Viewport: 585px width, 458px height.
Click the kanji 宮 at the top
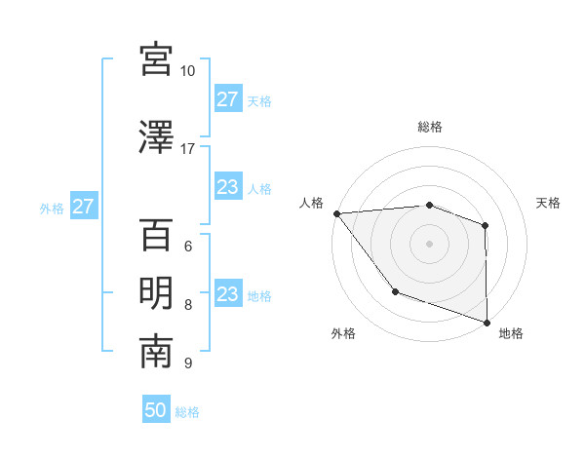click(x=156, y=59)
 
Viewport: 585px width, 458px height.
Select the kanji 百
click(x=156, y=235)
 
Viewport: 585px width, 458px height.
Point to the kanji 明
click(x=156, y=293)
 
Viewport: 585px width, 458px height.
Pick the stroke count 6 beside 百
click(x=187, y=247)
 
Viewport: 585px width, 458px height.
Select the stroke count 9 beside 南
click(x=187, y=363)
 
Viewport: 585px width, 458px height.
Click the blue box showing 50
click(x=156, y=410)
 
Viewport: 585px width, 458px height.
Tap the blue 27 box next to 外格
click(x=83, y=207)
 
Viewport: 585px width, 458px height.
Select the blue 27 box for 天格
click(x=227, y=99)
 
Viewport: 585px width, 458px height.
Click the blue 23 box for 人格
click(x=227, y=187)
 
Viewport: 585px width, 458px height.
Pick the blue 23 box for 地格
click(x=227, y=294)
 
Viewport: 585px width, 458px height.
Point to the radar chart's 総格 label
click(x=429, y=127)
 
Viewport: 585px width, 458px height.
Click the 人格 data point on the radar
click(x=336, y=213)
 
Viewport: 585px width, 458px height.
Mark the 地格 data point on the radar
click(x=487, y=322)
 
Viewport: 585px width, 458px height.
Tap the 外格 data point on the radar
click(x=395, y=290)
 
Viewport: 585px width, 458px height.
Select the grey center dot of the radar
click(x=429, y=243)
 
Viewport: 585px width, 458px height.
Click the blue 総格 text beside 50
click(x=187, y=412)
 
